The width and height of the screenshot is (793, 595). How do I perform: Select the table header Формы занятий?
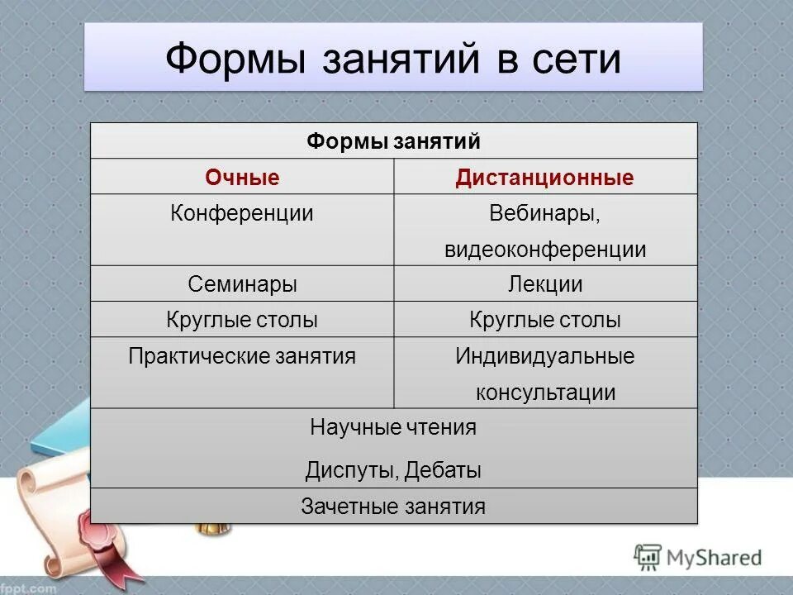[393, 141]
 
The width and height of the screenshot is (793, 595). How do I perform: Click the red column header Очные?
[242, 178]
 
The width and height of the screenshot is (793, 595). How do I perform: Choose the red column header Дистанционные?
[545, 178]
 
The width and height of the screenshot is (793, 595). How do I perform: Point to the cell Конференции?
[242, 213]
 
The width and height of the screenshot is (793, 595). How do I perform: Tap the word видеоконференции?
[545, 250]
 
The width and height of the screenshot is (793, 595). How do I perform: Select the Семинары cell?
[242, 284]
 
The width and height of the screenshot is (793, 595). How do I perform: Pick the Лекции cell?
[545, 284]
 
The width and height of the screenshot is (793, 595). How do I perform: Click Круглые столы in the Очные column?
[242, 320]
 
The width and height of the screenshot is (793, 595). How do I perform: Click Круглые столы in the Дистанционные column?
[545, 320]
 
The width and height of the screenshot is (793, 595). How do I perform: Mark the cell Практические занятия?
[242, 356]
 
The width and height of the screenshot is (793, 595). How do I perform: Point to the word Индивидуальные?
[545, 356]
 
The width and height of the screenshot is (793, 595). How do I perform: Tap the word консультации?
[545, 392]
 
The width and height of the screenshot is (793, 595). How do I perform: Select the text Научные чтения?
[393, 427]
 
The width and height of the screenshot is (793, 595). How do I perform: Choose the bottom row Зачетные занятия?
[393, 506]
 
